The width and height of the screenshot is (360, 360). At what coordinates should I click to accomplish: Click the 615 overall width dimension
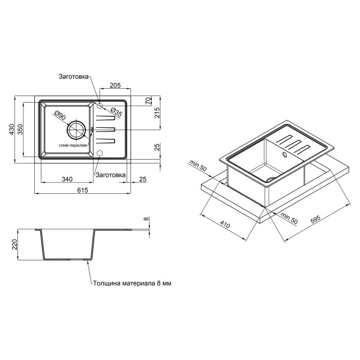[x=82, y=190]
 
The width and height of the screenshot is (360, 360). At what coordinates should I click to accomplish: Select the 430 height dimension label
[x=11, y=129]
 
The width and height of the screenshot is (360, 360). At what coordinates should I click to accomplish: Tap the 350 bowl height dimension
[x=20, y=129]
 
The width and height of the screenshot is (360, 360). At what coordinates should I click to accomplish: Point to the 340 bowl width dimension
[x=67, y=179]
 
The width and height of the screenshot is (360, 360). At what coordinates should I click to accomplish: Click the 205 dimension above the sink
[x=115, y=85]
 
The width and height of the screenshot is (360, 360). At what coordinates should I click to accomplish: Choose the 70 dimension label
[x=149, y=101]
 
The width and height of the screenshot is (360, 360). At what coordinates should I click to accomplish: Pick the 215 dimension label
[x=157, y=113]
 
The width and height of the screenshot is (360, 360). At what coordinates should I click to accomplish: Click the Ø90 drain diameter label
[x=60, y=115]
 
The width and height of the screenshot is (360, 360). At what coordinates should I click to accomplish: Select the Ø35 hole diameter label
[x=116, y=112]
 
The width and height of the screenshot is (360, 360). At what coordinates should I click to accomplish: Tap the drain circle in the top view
[x=76, y=130]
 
